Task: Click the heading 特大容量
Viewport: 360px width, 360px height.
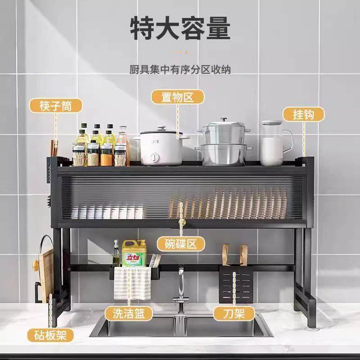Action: coord(180,28)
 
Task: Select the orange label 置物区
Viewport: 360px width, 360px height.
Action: coord(177,96)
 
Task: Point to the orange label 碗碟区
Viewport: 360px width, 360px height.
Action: coord(180,244)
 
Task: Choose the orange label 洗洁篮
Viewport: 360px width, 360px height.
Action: coord(127,314)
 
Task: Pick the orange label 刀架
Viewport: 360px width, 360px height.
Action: coord(234,314)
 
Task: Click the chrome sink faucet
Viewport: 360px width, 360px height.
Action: coord(180,288)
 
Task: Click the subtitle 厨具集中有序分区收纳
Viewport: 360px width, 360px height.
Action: coord(180,70)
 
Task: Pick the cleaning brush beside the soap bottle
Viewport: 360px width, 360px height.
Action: coord(154,260)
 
